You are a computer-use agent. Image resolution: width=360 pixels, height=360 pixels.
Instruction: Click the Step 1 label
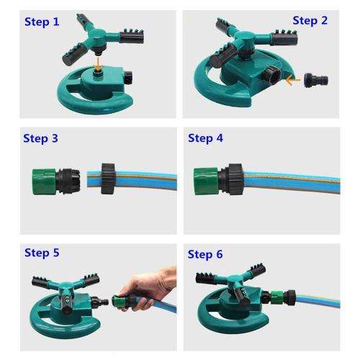tap(42, 22)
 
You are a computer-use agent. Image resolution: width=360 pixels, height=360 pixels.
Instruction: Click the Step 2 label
tap(310, 20)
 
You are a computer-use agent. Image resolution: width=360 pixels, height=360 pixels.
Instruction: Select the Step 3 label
tap(41, 138)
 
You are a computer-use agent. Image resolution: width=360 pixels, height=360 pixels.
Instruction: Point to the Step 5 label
tap(42, 253)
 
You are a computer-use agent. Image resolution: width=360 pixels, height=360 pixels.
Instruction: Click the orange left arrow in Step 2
tap(291, 79)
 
